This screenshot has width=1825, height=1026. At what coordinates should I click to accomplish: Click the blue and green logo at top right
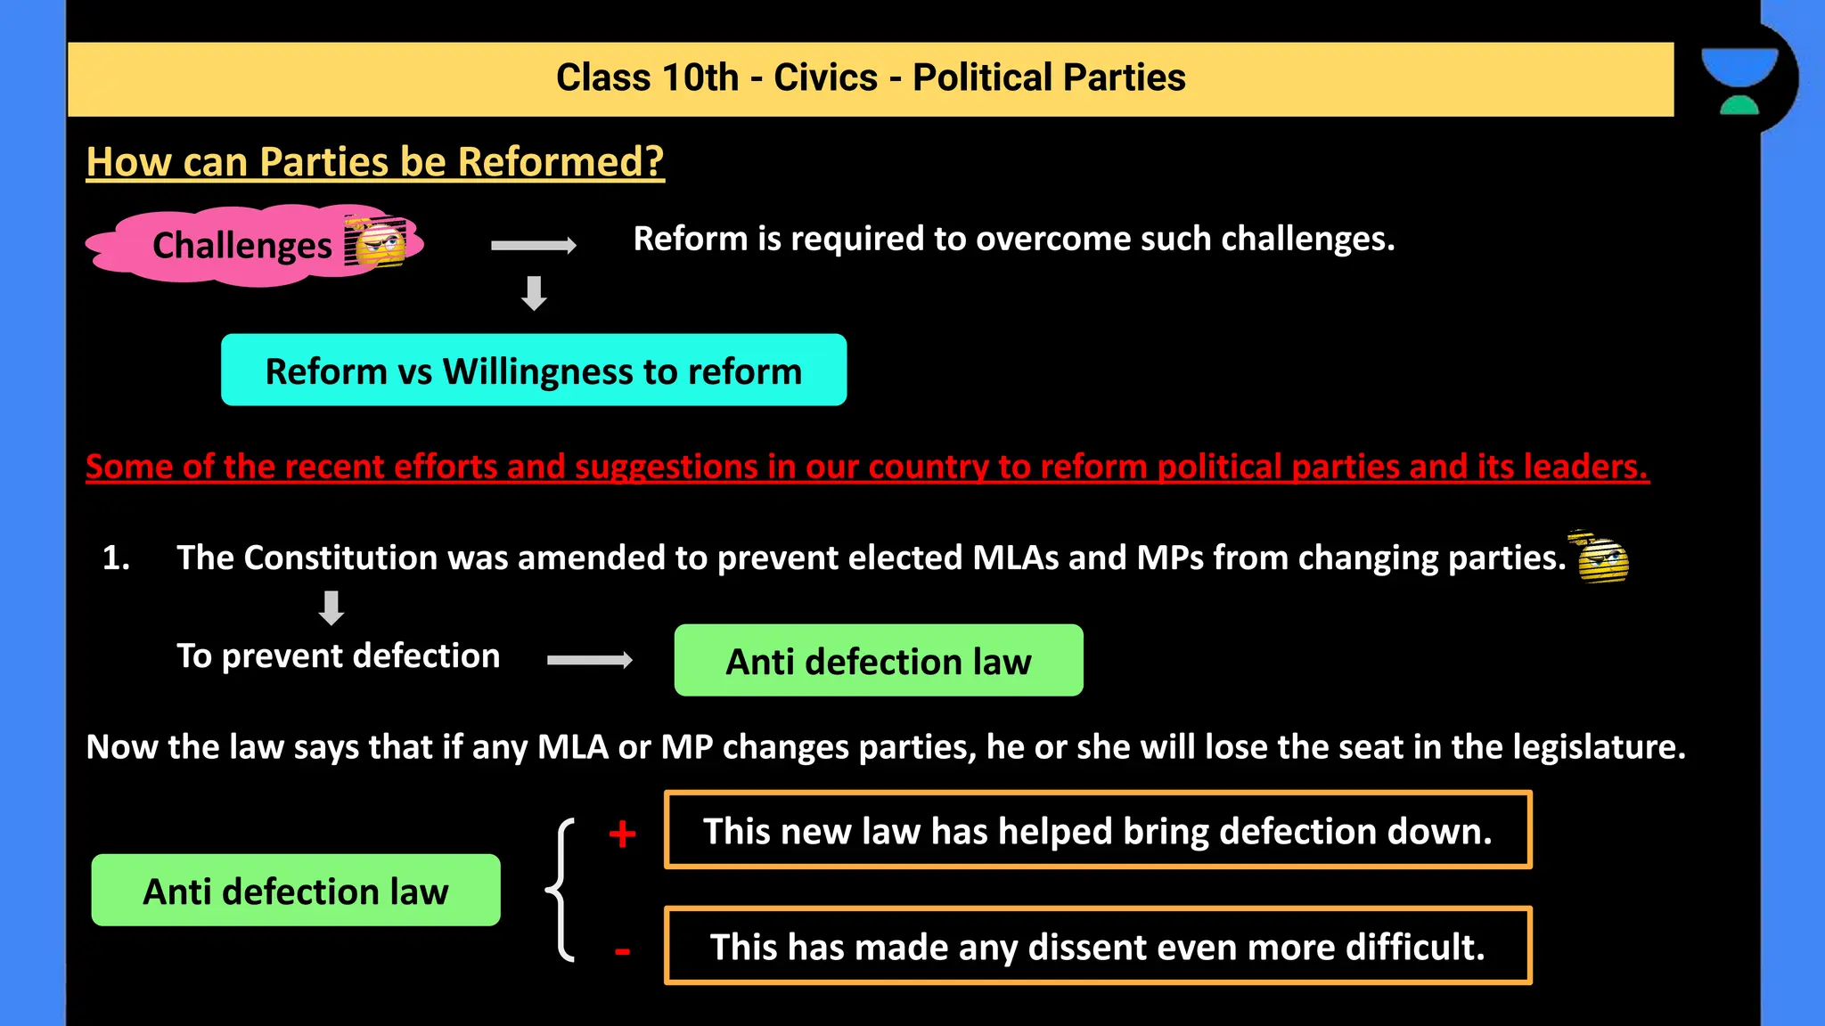pyautogui.click(x=1739, y=80)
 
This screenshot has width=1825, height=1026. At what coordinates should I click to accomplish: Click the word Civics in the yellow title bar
pyautogui.click(x=825, y=77)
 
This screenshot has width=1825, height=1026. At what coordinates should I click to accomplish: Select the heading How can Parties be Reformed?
pyautogui.click(x=375, y=162)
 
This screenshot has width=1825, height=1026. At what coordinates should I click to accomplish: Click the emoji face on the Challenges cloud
pyautogui.click(x=377, y=242)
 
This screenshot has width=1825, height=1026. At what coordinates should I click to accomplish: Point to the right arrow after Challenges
pyautogui.click(x=534, y=245)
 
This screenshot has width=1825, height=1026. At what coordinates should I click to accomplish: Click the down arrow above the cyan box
pyautogui.click(x=534, y=293)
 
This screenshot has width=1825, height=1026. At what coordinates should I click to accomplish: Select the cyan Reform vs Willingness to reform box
pyautogui.click(x=534, y=370)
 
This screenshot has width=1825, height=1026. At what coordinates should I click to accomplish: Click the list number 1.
pyautogui.click(x=115, y=558)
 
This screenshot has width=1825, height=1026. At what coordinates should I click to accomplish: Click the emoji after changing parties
pyautogui.click(x=1601, y=558)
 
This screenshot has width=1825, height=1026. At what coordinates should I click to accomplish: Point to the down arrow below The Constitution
pyautogui.click(x=331, y=608)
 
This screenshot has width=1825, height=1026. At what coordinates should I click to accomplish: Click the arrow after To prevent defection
pyautogui.click(x=590, y=660)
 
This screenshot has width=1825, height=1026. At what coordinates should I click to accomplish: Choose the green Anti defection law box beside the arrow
pyautogui.click(x=878, y=661)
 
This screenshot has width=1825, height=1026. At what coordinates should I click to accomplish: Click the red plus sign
pyautogui.click(x=622, y=835)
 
